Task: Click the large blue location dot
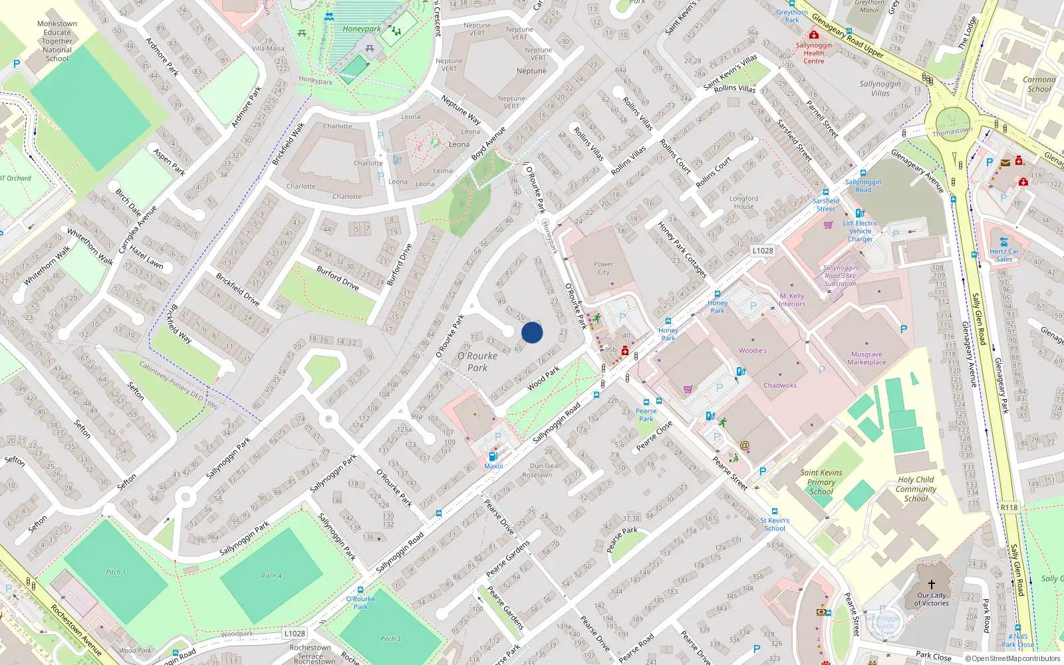[x=532, y=332]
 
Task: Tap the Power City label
[x=603, y=268]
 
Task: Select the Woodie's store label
[x=753, y=350]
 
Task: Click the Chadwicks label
[x=780, y=386]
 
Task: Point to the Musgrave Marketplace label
[x=866, y=358]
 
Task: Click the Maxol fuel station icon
[x=493, y=456]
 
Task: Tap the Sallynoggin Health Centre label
[x=814, y=53]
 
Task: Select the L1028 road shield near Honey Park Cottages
[x=763, y=251]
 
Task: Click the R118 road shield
[x=1009, y=507]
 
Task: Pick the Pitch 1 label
[x=116, y=572]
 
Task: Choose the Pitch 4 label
[x=271, y=576]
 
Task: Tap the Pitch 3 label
[x=390, y=638]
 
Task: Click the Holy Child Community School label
[x=916, y=489]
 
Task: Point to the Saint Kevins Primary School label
[x=821, y=482]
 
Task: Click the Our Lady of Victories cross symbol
[x=932, y=585]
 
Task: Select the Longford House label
[x=743, y=202]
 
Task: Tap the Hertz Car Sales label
[x=1004, y=255]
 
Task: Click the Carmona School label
[x=1039, y=84]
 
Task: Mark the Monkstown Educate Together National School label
[x=57, y=41]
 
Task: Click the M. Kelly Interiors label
[x=792, y=300]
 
